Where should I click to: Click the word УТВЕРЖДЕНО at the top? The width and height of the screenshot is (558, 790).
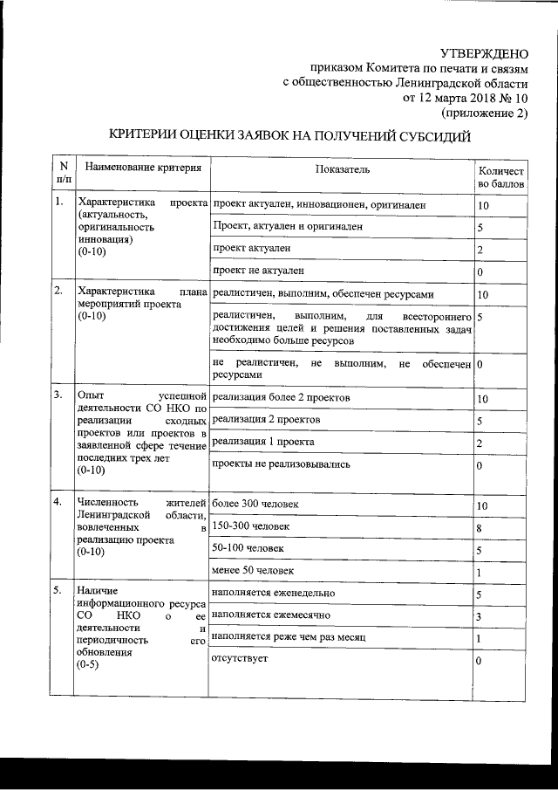tap(484, 53)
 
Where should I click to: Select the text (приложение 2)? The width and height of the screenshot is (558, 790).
tap(485, 113)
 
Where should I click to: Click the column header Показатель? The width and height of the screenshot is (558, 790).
tap(344, 167)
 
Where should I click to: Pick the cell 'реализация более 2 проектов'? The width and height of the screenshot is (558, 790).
tap(281, 397)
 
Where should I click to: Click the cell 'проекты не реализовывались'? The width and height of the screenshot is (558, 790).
tap(281, 464)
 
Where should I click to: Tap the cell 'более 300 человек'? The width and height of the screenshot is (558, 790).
tap(255, 505)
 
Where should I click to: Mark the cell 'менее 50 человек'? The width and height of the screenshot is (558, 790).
tap(253, 571)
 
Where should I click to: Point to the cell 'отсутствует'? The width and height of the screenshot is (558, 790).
tap(240, 659)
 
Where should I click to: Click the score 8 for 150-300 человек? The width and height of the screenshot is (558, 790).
tap(480, 529)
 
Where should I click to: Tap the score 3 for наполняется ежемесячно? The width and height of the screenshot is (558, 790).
tap(480, 618)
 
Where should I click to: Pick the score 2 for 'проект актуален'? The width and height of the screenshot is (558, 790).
tap(480, 251)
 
